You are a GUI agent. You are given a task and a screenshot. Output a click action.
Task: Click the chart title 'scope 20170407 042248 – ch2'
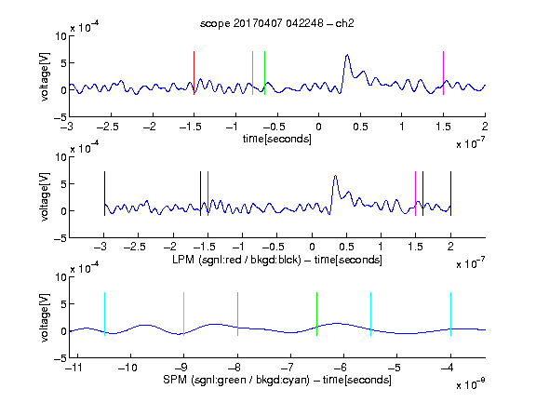(x=277, y=23)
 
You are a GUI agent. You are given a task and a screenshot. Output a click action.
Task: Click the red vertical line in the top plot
(x=194, y=73)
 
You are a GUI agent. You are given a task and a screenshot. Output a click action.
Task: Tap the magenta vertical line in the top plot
(x=443, y=73)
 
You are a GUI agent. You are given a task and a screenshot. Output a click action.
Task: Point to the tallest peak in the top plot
(x=347, y=55)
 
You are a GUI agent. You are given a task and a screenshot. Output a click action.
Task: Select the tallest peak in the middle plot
(x=336, y=176)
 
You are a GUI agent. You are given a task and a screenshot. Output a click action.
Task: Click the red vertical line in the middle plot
(x=208, y=194)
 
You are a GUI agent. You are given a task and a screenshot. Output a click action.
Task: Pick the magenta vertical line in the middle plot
(x=415, y=194)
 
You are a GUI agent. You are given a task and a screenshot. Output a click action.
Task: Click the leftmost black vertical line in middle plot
(x=104, y=194)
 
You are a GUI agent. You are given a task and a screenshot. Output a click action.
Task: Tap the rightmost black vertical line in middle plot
(x=450, y=194)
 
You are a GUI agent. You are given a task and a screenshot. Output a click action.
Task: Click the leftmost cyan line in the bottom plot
(x=104, y=314)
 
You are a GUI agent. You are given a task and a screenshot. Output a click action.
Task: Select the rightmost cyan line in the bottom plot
(x=450, y=314)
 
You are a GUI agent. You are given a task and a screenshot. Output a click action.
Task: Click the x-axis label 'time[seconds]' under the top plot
(x=277, y=139)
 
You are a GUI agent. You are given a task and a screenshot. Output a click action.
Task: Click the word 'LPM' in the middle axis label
(x=183, y=260)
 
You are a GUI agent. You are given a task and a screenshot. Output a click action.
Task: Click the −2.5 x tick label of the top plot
(x=108, y=127)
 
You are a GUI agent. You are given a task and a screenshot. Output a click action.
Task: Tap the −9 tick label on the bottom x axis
(x=181, y=368)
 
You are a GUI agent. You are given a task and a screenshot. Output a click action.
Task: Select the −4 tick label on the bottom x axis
(x=447, y=368)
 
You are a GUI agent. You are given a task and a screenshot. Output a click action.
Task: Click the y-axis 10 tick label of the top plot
(x=61, y=36)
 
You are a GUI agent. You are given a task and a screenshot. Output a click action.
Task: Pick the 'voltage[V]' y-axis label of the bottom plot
(x=45, y=317)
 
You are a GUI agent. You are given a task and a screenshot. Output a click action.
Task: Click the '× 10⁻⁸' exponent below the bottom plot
(x=471, y=384)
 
